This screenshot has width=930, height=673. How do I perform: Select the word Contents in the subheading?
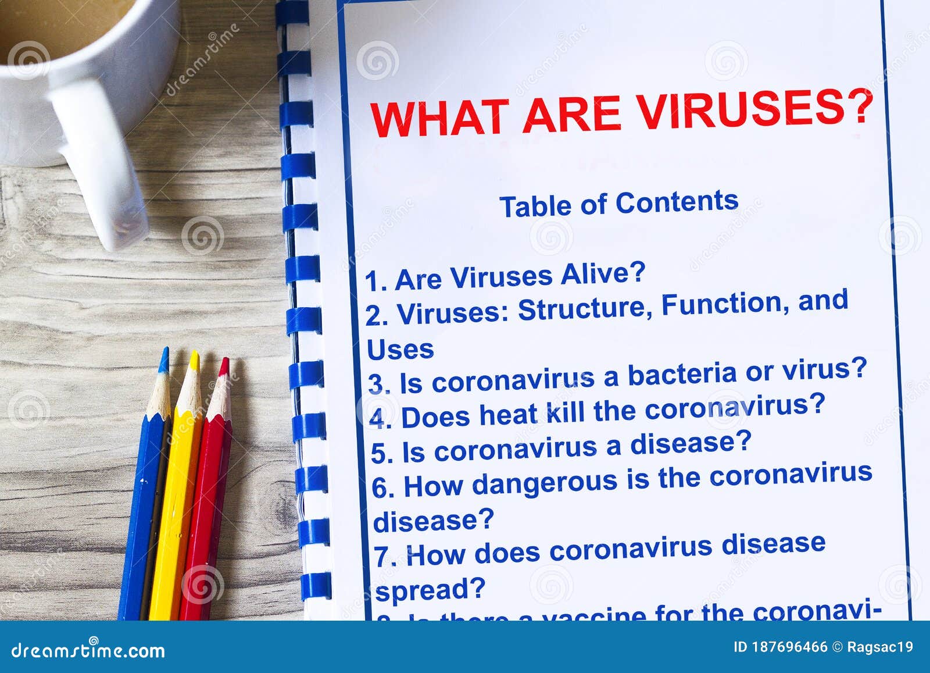point(677,202)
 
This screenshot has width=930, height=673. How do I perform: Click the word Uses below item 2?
point(400,350)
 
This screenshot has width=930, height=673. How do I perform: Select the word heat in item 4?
point(508,414)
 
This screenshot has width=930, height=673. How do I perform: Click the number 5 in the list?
point(381,454)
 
